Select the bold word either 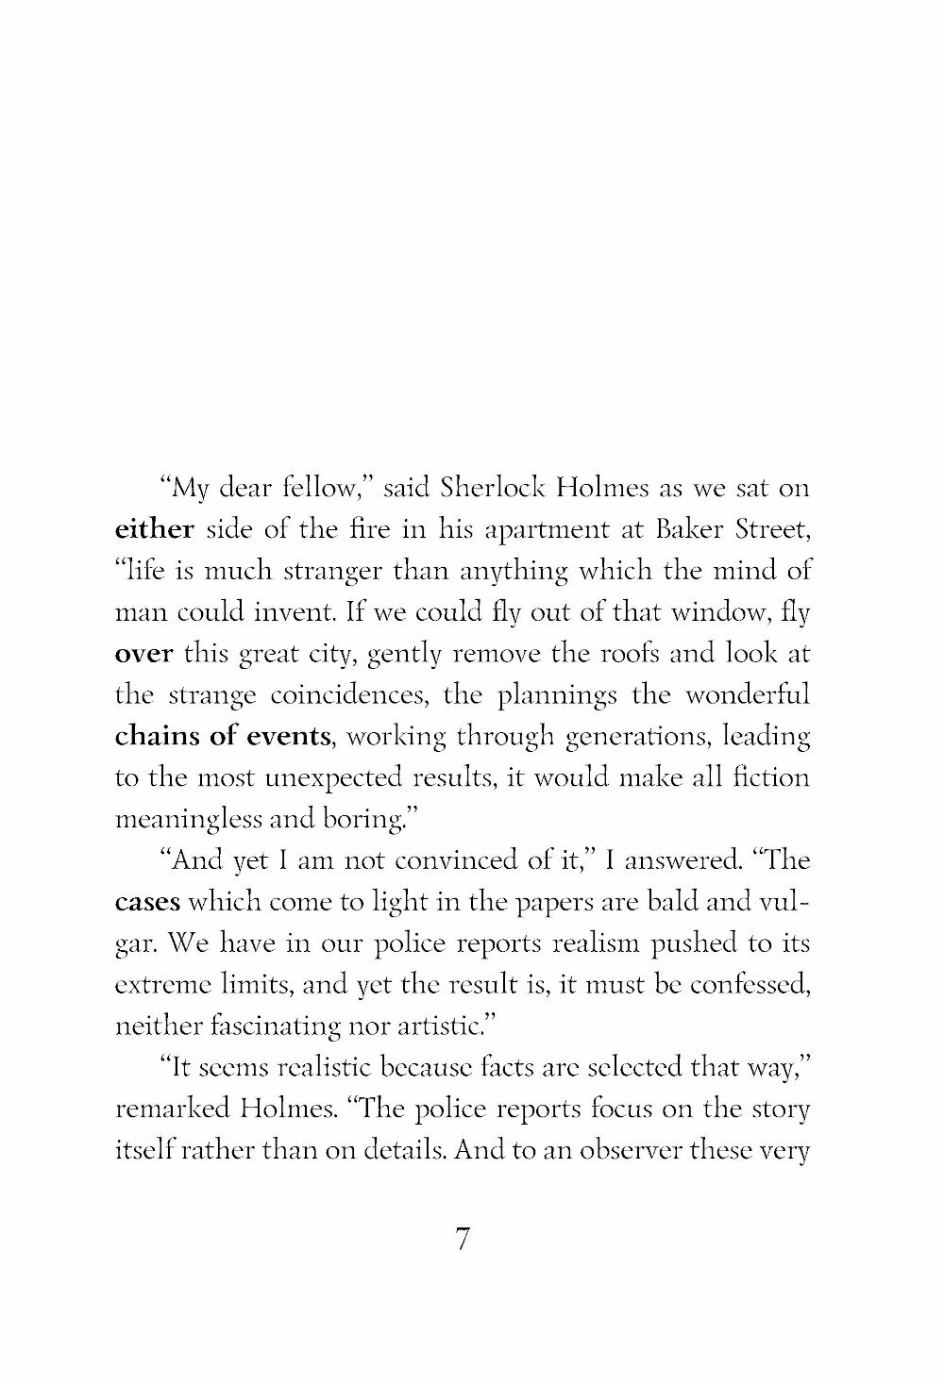pyautogui.click(x=153, y=530)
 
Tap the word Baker pyautogui.click(x=676, y=530)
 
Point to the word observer pyautogui.click(x=610, y=1151)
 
